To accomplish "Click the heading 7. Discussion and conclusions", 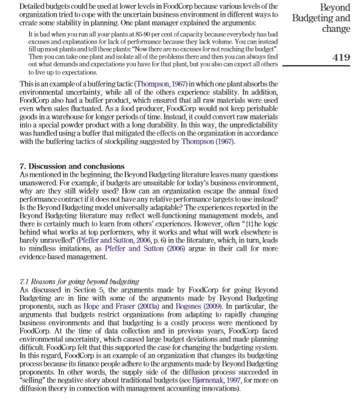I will coord(72,166).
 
